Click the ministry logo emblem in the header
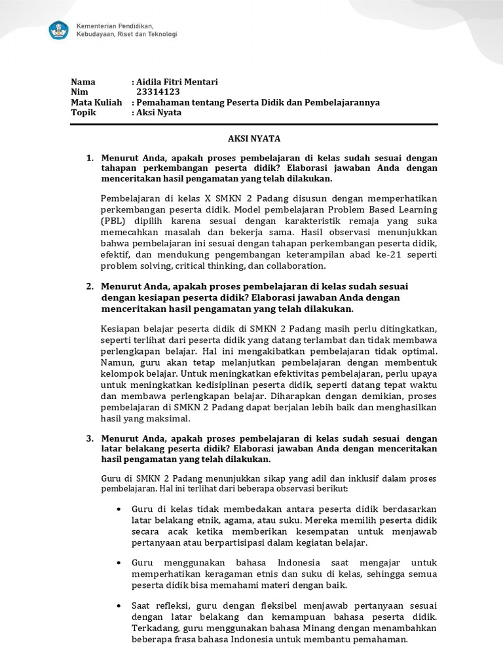(x=60, y=30)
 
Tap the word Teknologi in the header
(x=161, y=35)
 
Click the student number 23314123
(x=157, y=92)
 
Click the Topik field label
(x=83, y=113)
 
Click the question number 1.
(x=90, y=158)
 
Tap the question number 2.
(x=90, y=287)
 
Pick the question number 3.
(x=90, y=438)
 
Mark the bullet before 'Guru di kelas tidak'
(x=117, y=509)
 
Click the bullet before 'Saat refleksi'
(x=117, y=605)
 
